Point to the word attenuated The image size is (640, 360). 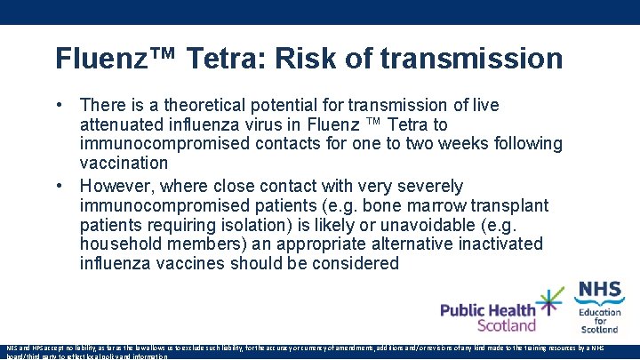(x=123, y=124)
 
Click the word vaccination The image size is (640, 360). (x=124, y=163)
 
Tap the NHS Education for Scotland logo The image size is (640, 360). (x=600, y=306)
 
